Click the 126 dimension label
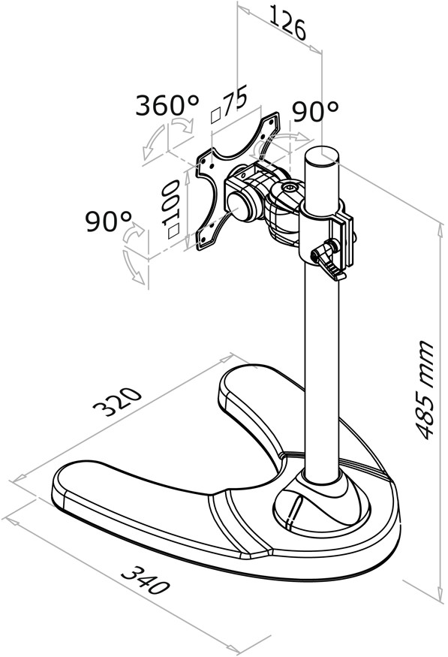click(x=287, y=23)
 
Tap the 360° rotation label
click(x=167, y=105)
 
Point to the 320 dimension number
click(x=118, y=402)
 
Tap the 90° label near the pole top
click(x=315, y=110)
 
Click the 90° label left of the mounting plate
click(x=109, y=222)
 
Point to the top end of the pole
click(x=321, y=155)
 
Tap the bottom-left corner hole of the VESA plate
click(x=204, y=240)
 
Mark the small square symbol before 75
click(x=216, y=116)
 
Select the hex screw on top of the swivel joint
click(x=290, y=187)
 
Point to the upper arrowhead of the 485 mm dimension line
click(x=440, y=229)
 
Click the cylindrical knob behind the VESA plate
click(x=242, y=206)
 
